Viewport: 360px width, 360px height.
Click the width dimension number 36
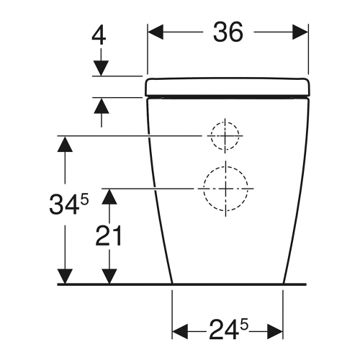coord(228,32)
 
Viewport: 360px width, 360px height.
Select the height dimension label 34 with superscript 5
coord(69,204)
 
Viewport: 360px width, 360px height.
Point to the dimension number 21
coord(109,236)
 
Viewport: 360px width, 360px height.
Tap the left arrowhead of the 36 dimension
coord(156,32)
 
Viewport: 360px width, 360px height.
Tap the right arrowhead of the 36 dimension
coord(300,32)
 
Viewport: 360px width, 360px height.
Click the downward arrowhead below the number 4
coord(101,68)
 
